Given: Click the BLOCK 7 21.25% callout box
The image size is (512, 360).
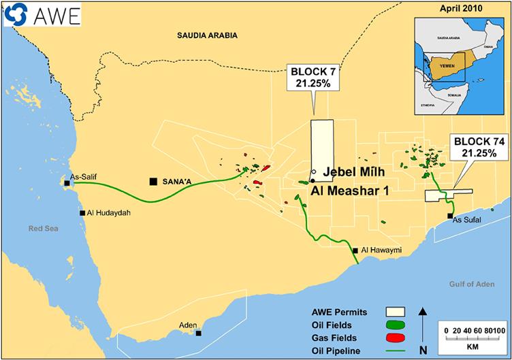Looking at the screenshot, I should click(x=313, y=78).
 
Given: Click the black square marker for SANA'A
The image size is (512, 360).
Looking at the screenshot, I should click(x=154, y=181).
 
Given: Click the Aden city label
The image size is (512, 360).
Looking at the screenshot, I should click(x=187, y=326).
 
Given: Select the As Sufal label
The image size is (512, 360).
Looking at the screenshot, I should click(x=466, y=220).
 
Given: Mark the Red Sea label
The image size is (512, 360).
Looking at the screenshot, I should click(x=40, y=229).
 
